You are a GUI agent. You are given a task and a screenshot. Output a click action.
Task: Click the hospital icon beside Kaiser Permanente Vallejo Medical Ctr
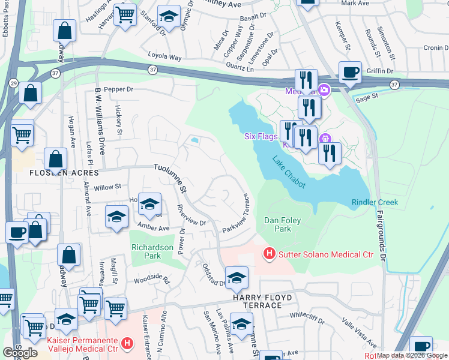(127, 343)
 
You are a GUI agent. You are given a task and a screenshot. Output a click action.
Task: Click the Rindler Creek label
(375, 203)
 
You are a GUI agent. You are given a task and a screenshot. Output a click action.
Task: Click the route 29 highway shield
(13, 82)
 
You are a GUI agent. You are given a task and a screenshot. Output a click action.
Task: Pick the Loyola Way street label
(164, 57)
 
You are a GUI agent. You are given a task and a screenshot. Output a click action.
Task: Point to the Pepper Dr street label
(118, 89)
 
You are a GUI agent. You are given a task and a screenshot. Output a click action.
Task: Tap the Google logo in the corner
(20, 353)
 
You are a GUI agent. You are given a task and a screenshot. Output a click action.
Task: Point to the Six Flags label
(261, 136)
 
